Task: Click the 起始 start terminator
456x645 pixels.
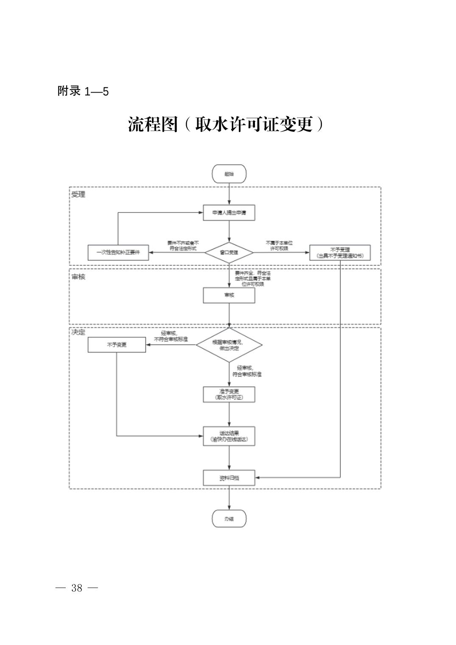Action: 229,174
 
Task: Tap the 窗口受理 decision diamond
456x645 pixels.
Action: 229,253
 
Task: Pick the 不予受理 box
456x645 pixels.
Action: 340,253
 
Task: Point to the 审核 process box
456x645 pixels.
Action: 229,295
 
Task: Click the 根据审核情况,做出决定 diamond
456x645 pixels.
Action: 229,345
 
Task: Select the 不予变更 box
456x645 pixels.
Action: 117,345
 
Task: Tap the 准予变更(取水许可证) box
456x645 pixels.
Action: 229,394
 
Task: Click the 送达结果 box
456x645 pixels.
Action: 229,436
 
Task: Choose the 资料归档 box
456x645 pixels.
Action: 229,478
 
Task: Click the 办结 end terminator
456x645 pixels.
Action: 229,518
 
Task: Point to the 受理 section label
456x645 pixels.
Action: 78,194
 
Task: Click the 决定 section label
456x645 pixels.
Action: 78,332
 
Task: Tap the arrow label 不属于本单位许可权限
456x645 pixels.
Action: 279,245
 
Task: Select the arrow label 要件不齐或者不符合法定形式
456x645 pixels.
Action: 183,245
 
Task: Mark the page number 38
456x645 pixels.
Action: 77,588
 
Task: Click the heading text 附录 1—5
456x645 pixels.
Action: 83,91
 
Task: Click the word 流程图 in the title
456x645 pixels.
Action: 152,124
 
